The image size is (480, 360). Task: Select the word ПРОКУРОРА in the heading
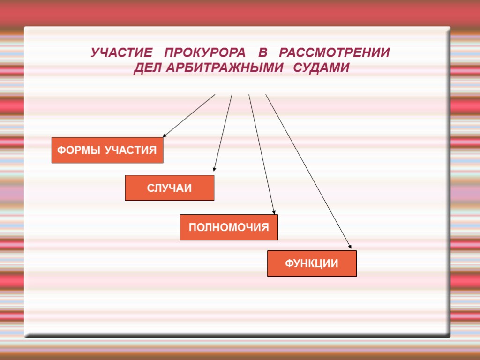coord(205,52)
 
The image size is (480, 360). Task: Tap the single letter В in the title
coord(262,52)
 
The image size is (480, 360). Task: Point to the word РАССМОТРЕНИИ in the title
coord(334,52)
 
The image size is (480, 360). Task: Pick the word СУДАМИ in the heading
coord(322,68)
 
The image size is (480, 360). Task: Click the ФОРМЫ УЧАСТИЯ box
coord(107,150)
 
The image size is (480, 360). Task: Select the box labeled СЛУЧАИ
coord(169,188)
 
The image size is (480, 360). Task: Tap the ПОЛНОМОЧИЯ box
coord(229,228)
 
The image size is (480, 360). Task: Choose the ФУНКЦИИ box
coord(312,263)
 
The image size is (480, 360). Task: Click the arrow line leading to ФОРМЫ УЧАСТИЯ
coord(189,115)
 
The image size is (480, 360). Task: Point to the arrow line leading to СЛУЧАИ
coord(223,132)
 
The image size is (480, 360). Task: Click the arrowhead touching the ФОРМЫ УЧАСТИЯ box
coord(165,135)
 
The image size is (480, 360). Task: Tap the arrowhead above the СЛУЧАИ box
coord(214,169)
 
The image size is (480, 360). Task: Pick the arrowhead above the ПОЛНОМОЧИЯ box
coord(274,212)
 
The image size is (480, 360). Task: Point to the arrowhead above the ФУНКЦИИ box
coord(349,246)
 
